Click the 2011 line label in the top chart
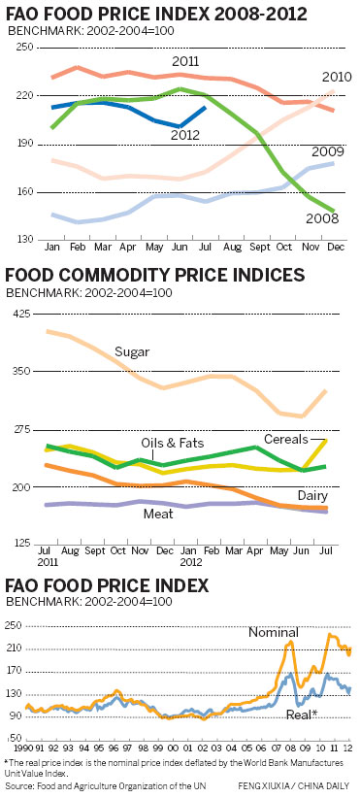click(x=186, y=62)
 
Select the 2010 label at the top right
click(x=336, y=77)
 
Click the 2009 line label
click(x=329, y=152)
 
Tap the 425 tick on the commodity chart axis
click(x=21, y=314)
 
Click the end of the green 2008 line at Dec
click(x=335, y=211)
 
